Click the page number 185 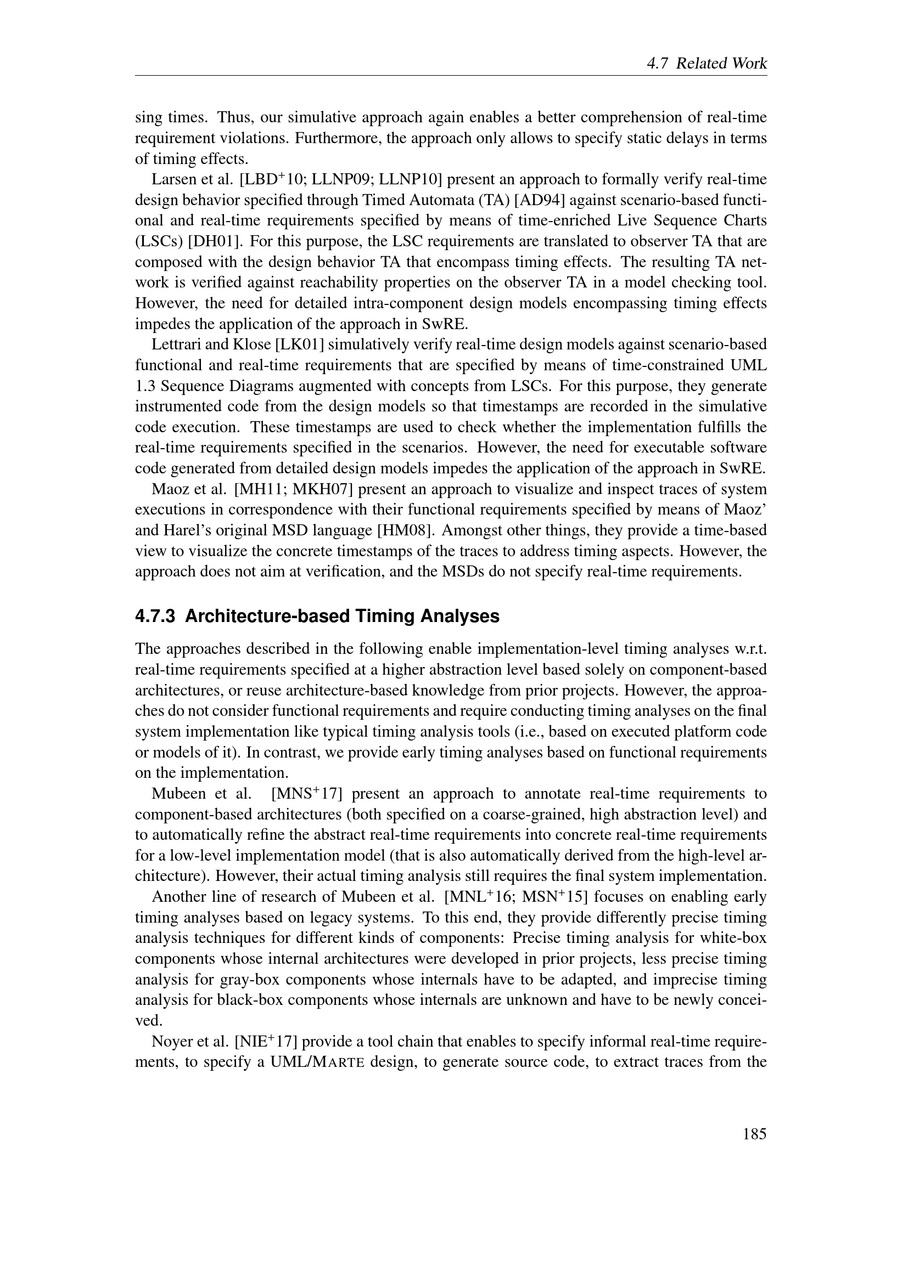tap(755, 1134)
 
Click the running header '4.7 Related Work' tap(707, 63)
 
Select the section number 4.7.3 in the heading tap(155, 617)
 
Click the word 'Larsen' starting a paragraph tap(171, 179)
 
